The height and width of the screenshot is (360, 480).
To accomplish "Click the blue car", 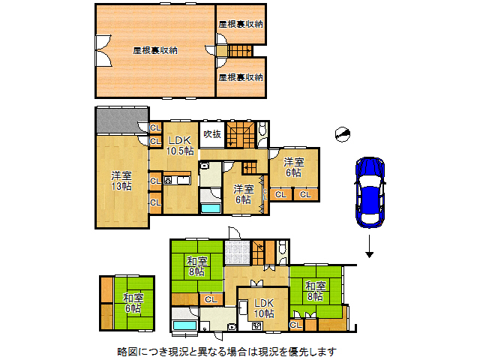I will [370, 191].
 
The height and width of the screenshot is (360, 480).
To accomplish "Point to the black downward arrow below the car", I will [370, 247].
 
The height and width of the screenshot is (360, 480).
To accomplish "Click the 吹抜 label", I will [212, 134].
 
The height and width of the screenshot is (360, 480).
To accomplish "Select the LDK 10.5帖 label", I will [180, 145].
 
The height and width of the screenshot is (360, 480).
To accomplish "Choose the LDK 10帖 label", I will [263, 307].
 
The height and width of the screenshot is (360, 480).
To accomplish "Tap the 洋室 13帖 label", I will [121, 181].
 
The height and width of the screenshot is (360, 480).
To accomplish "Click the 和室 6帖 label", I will [133, 302].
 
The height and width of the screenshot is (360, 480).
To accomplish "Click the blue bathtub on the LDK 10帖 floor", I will [184, 325].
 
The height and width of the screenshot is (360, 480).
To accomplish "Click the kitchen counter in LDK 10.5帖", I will [178, 180].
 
